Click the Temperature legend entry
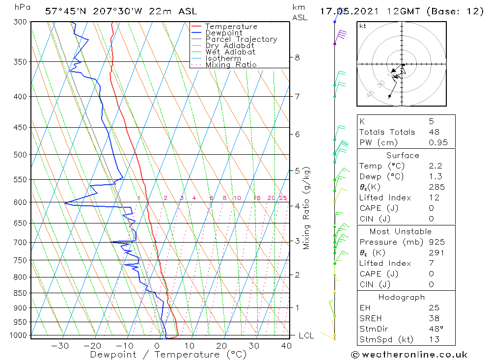tap(231, 27)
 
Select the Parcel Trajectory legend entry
tap(241, 39)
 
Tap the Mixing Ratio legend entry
tap(231, 65)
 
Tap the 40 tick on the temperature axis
tap(286, 346)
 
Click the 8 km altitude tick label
tap(297, 57)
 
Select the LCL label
tap(306, 335)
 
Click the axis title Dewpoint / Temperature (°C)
tap(168, 355)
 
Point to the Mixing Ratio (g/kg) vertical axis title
tap(307, 208)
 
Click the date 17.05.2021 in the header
tap(346, 11)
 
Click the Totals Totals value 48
tap(434, 132)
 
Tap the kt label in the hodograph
tap(363, 26)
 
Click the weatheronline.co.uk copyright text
tap(409, 355)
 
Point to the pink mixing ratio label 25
tap(283, 198)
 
